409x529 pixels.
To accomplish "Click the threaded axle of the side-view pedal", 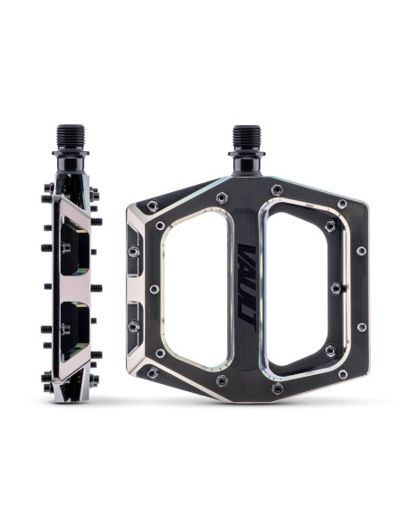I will tap(71, 139).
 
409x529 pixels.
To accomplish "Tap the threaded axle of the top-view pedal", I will tap(246, 139).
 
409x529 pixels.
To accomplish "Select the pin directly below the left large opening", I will tap(221, 381).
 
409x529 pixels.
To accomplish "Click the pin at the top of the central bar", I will tap(277, 189).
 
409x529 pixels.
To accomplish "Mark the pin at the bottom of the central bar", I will tap(277, 389).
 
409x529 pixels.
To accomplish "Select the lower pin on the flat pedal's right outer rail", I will tap(362, 326).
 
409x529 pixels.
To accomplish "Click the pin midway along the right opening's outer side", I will tap(336, 288).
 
